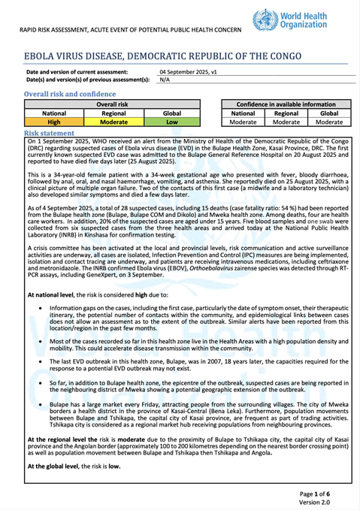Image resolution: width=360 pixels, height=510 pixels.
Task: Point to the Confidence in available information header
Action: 286,104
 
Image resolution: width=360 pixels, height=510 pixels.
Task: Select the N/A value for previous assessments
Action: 165,80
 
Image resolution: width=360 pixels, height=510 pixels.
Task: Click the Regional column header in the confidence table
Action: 286,113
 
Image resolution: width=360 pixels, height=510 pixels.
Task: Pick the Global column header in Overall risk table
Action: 171,113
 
